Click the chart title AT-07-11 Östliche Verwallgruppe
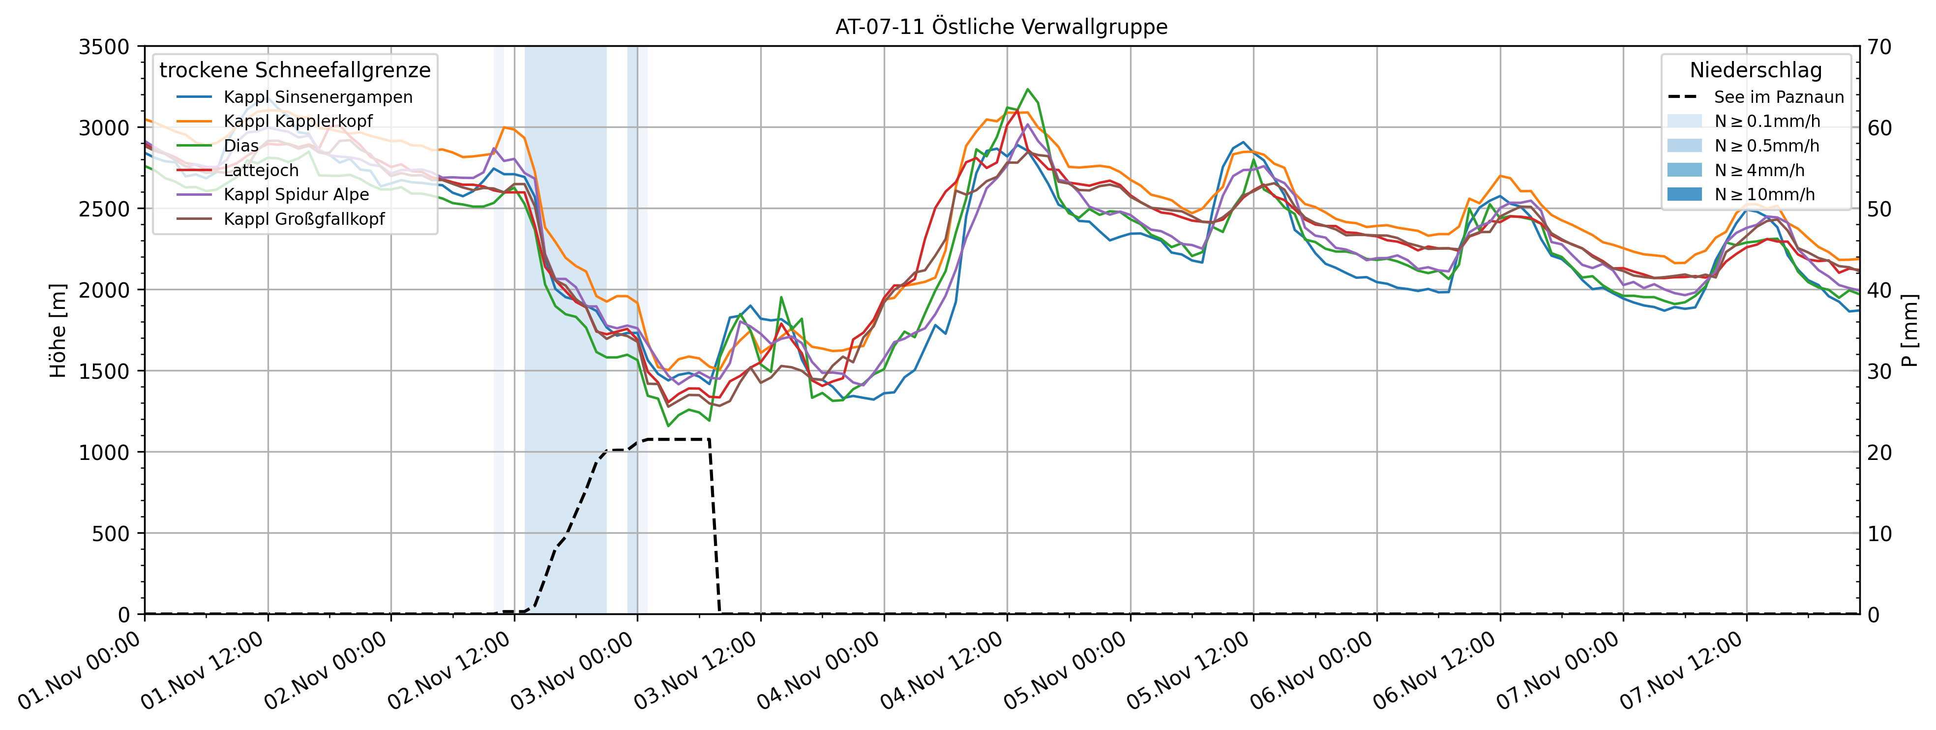tap(1001, 27)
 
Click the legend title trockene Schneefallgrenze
tap(295, 70)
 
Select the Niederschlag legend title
tap(1756, 70)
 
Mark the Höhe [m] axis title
tap(58, 331)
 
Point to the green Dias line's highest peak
tap(1028, 89)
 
